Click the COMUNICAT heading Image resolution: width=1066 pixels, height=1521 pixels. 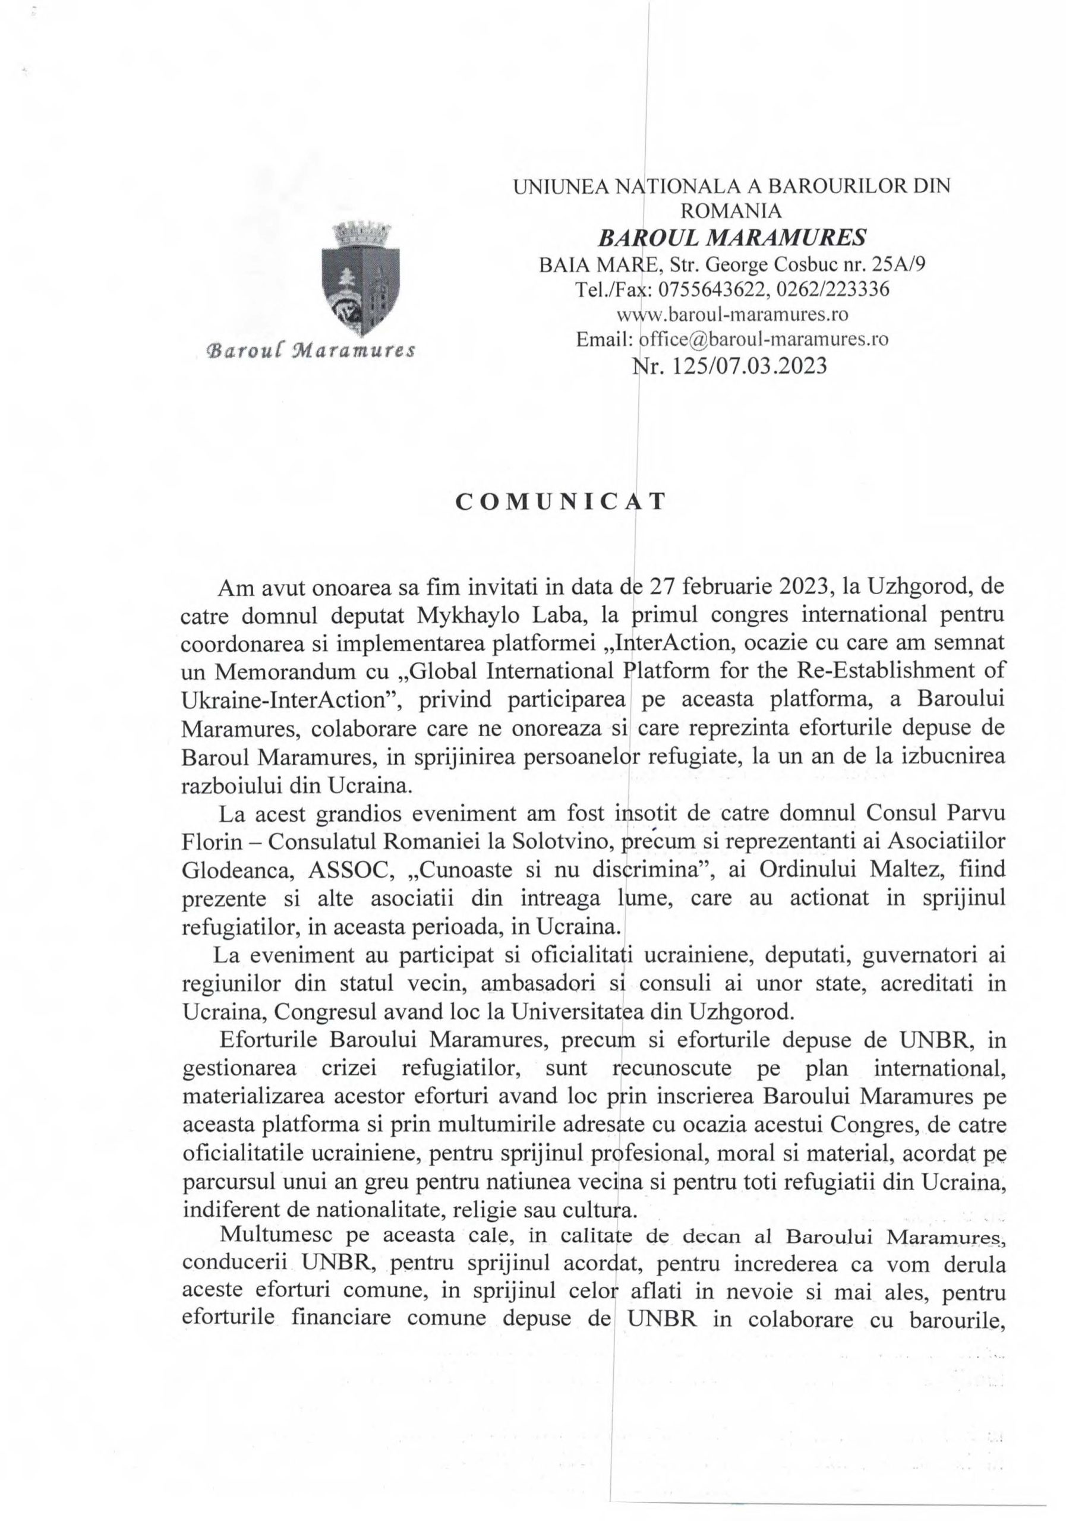click(x=560, y=502)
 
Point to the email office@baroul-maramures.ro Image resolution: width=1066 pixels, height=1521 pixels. click(x=763, y=339)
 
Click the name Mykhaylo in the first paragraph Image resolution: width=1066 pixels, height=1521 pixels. click(x=463, y=615)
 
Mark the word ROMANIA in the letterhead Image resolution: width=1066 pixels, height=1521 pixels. click(x=731, y=211)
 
